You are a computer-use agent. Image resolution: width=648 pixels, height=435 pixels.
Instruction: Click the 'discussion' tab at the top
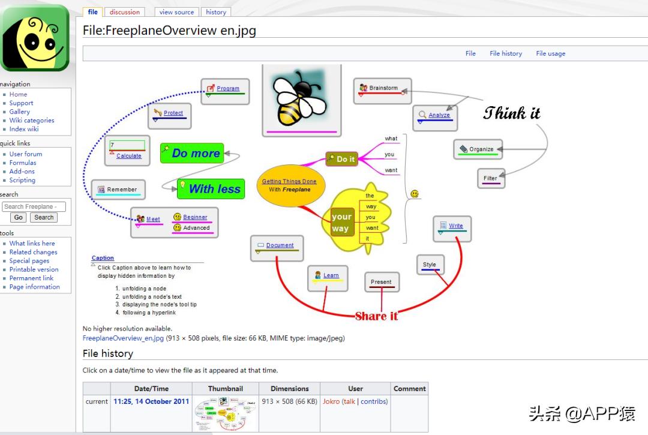[124, 12]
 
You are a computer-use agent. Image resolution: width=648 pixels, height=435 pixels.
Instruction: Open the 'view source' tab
[176, 12]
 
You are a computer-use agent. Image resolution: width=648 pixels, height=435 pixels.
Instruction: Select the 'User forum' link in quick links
[26, 154]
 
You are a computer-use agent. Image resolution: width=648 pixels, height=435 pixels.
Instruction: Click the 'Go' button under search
[19, 217]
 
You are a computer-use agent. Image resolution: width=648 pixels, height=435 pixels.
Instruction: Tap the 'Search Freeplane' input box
[34, 206]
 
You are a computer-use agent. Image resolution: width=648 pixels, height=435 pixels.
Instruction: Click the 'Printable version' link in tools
[34, 269]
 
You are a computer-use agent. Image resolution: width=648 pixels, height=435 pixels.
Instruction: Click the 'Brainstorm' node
[383, 91]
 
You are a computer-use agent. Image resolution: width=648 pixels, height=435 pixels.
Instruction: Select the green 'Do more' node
[192, 153]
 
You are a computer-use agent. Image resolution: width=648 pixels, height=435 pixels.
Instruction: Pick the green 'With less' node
[211, 189]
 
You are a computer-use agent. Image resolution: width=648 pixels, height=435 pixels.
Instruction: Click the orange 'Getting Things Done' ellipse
[291, 185]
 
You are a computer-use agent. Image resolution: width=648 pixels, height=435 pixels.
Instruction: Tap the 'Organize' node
[478, 149]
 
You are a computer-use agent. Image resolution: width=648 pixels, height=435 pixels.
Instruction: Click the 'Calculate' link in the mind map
[129, 156]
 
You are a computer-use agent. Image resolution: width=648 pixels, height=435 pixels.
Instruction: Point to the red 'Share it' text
[376, 316]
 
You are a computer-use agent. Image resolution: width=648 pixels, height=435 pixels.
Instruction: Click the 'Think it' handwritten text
[512, 113]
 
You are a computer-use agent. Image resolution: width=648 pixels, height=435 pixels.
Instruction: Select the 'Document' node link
[280, 245]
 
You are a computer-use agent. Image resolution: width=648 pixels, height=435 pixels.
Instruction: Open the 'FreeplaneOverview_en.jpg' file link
[123, 338]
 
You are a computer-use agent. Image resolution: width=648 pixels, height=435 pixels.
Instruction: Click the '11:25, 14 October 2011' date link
[151, 401]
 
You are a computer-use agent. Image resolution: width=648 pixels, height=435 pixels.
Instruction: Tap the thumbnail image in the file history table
[226, 413]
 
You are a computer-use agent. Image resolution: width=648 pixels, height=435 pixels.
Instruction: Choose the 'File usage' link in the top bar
[550, 53]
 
